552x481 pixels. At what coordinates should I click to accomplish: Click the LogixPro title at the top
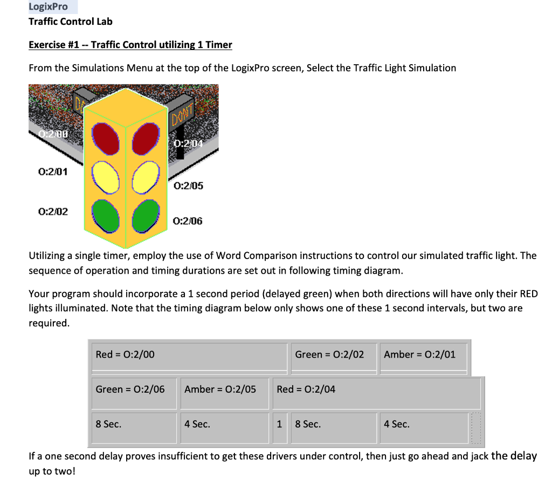[48, 7]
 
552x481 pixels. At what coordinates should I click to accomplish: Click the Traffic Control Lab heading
[70, 22]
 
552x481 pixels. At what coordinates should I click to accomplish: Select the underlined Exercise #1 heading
[130, 45]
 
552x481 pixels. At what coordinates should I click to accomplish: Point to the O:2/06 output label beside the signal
[188, 221]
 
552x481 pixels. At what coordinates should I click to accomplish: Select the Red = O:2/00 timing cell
[189, 355]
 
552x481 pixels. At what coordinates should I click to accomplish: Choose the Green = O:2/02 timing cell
[333, 355]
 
